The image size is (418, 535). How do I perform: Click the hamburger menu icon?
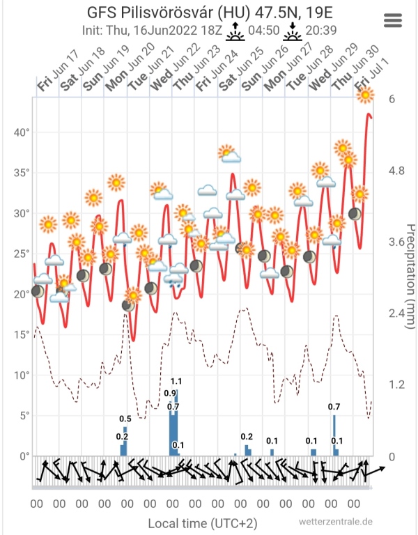coord(393,20)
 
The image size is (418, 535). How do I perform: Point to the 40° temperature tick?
coord(21,132)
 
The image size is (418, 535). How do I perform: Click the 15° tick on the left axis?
coord(21,334)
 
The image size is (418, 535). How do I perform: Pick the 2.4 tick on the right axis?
coord(396,313)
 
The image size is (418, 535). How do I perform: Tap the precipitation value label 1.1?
coord(176,381)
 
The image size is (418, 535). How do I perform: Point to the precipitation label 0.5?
coord(125,419)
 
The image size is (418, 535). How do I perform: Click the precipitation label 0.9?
coord(169,394)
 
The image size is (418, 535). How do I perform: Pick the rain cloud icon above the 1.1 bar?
coord(173,281)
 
